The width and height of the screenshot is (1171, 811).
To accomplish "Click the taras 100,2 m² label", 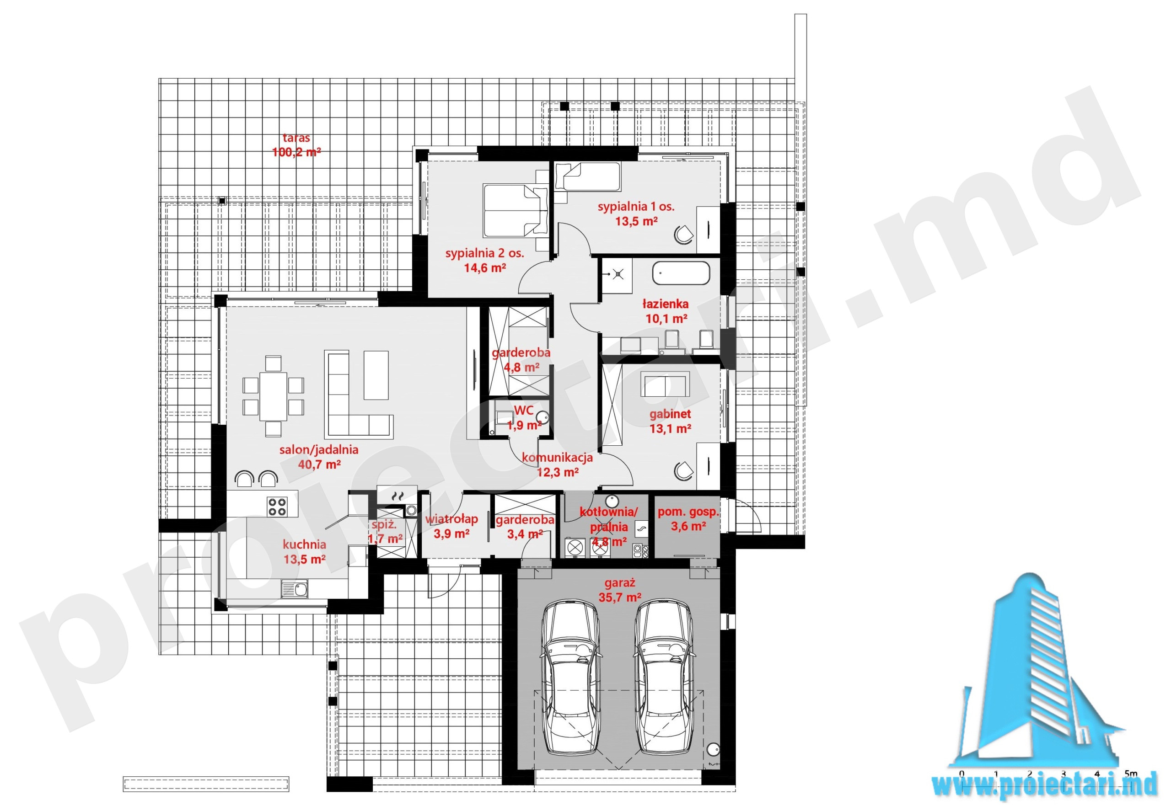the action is [296, 145].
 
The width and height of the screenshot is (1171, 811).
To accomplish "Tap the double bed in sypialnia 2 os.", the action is [515, 210].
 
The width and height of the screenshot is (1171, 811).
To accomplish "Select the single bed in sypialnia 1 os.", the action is [587, 176].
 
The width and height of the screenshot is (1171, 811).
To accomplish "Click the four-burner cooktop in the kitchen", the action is [277, 506].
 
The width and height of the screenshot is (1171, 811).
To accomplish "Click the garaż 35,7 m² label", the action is [619, 590].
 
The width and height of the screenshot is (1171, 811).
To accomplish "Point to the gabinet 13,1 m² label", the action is [670, 421].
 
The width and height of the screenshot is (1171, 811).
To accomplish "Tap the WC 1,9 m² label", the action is [524, 418].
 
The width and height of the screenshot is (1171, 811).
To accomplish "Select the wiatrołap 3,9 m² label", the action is [451, 526].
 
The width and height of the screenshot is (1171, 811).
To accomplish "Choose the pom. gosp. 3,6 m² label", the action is [688, 519].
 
